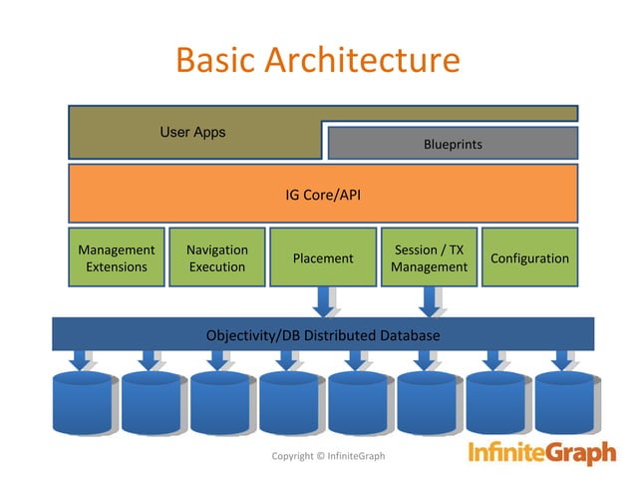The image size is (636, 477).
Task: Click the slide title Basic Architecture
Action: pos(317,60)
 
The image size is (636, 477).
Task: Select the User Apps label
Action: pos(192,133)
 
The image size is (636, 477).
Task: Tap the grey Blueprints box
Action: pos(452,144)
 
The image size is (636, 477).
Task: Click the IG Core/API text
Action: pos(322,195)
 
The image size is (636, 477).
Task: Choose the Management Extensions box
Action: pos(116,257)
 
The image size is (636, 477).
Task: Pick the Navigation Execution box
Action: pos(216,257)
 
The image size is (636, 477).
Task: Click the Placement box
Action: pos(322,257)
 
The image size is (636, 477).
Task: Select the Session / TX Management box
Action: pos(429,257)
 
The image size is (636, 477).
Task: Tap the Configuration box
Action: pos(529,257)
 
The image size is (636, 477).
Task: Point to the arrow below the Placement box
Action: pos(324,300)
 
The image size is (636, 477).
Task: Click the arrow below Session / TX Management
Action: pos(430,300)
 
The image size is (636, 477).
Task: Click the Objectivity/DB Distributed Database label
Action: pos(322,335)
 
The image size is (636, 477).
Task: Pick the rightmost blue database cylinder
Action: pos(562,404)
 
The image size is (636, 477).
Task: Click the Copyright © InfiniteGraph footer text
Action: pos(328,456)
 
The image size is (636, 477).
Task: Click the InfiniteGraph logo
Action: pos(542,454)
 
